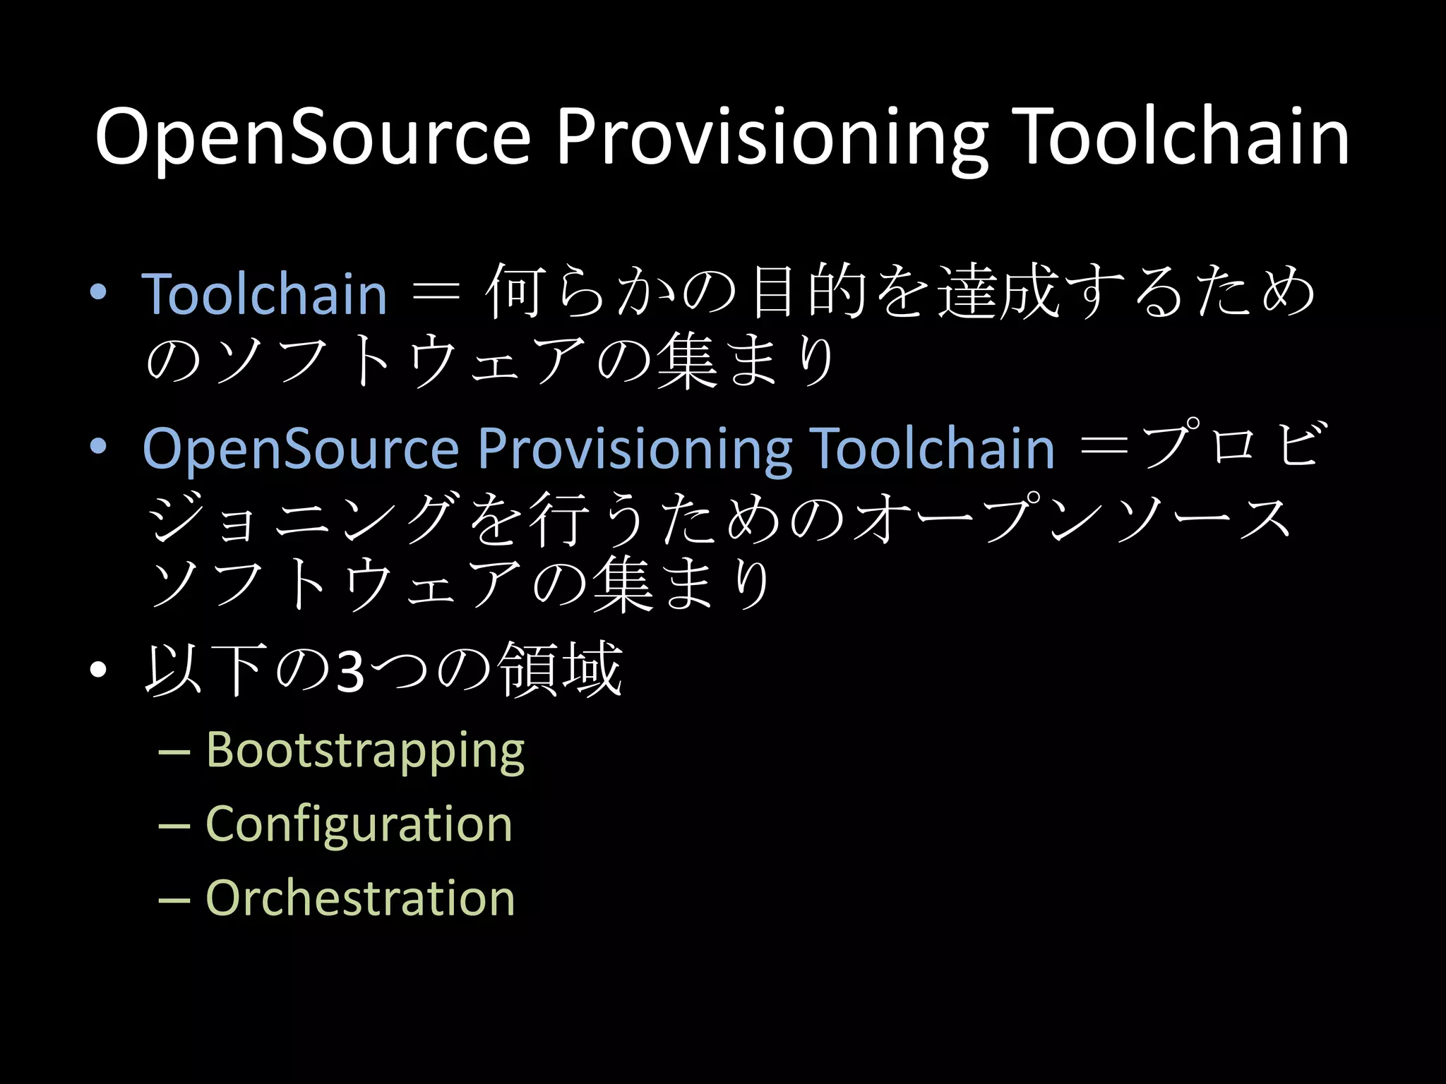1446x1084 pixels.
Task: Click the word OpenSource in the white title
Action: tap(312, 137)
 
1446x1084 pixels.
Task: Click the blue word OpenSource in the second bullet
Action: tap(301, 449)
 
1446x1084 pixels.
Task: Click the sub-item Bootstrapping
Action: tap(365, 749)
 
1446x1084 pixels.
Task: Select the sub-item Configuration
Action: tap(359, 824)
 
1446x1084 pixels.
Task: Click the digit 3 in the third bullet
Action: tap(351, 672)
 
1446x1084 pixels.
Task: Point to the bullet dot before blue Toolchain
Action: tap(98, 292)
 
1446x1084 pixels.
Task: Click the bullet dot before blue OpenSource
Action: tap(98, 447)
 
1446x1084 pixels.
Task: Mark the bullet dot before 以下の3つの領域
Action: tap(98, 670)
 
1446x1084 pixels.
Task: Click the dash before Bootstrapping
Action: tap(174, 752)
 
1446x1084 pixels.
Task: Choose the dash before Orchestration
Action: tap(174, 901)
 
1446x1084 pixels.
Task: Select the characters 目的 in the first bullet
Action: tap(809, 291)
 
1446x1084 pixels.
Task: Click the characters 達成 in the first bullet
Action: tap(998, 291)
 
